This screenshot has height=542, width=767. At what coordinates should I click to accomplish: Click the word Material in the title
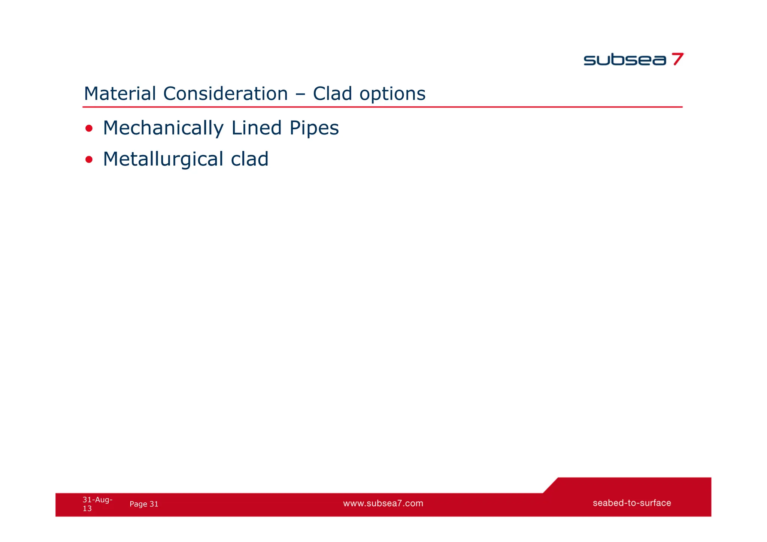click(x=120, y=94)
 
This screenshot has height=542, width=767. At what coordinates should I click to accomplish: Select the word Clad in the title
click(x=333, y=94)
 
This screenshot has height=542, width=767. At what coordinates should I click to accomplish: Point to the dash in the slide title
click(x=300, y=94)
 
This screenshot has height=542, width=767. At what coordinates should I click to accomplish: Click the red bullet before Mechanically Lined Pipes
click(x=89, y=129)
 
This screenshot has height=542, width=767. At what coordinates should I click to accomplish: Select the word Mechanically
click(x=163, y=128)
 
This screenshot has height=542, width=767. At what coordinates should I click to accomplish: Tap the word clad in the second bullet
click(x=249, y=159)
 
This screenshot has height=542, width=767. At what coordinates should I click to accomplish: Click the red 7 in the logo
click(x=677, y=59)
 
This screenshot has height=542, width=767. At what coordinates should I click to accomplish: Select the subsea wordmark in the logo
click(x=625, y=60)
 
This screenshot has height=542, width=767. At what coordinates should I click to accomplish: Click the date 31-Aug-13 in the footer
click(x=97, y=504)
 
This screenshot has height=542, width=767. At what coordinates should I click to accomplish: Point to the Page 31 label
click(x=144, y=504)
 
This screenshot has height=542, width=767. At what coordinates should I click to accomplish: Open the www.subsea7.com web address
click(x=383, y=503)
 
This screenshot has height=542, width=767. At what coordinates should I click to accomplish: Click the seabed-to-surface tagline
click(x=631, y=503)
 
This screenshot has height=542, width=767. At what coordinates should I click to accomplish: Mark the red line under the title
click(x=382, y=107)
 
